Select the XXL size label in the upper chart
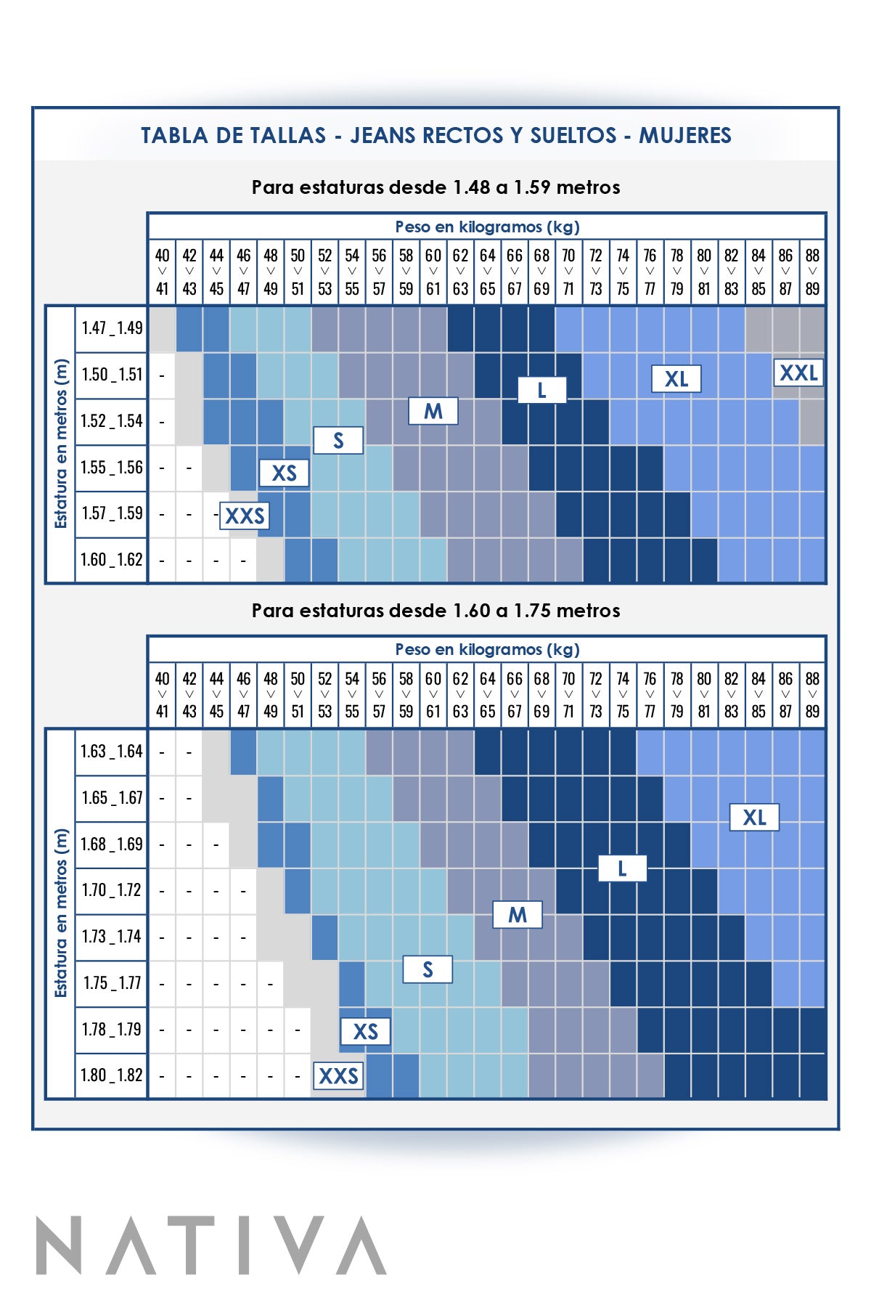tap(798, 373)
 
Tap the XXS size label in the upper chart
tap(245, 516)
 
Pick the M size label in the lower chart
tap(518, 915)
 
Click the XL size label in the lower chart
tap(754, 818)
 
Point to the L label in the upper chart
tap(541, 391)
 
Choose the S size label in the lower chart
tap(428, 969)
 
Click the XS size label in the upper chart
tap(284, 473)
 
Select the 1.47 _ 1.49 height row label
tap(112, 328)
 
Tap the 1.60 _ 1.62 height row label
tap(112, 560)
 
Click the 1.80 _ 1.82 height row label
tap(112, 1075)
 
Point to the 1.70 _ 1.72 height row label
tap(112, 890)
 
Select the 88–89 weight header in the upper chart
tap(812, 272)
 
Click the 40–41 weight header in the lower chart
tap(162, 695)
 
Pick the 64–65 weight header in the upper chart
tap(487, 272)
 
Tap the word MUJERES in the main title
tap(684, 136)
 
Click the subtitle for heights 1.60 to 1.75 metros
tap(435, 611)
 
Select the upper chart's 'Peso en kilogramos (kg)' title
tap(487, 227)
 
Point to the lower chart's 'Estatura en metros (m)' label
tap(61, 913)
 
